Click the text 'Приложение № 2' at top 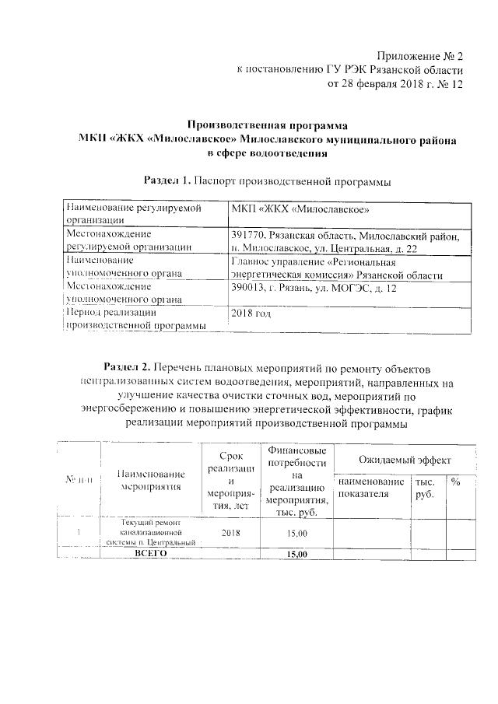tap(419, 57)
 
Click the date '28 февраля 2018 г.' tap(384, 83)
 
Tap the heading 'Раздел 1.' tap(167, 181)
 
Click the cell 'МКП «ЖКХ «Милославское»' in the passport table tap(300, 209)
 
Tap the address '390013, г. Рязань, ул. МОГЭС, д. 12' tap(314, 287)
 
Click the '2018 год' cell tap(252, 313)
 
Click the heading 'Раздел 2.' tap(128, 366)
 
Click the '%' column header tap(456, 482)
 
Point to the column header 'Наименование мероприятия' tap(151, 480)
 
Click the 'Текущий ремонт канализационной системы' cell tap(151, 533)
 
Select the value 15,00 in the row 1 tap(296, 533)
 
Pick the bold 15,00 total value tap(296, 554)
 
